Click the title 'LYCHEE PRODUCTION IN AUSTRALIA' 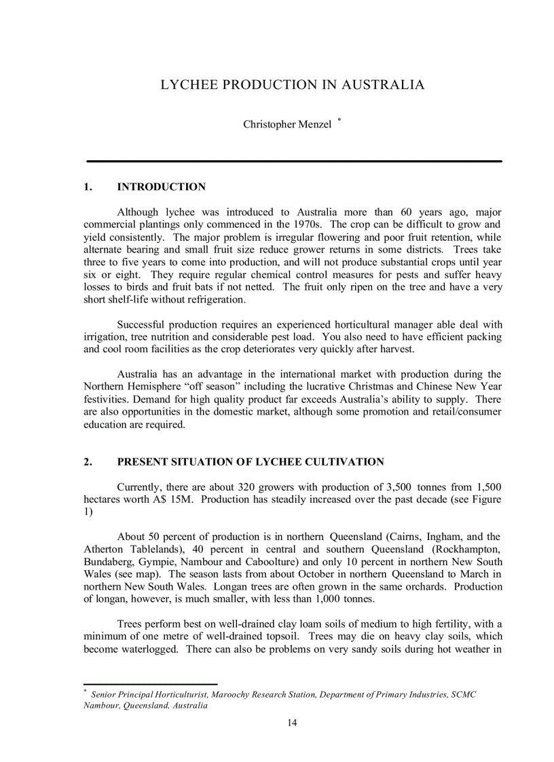tap(292, 85)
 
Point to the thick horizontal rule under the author tap(294, 161)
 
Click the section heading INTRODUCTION tap(161, 187)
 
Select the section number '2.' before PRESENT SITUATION tap(88, 462)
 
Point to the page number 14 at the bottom tap(292, 723)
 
